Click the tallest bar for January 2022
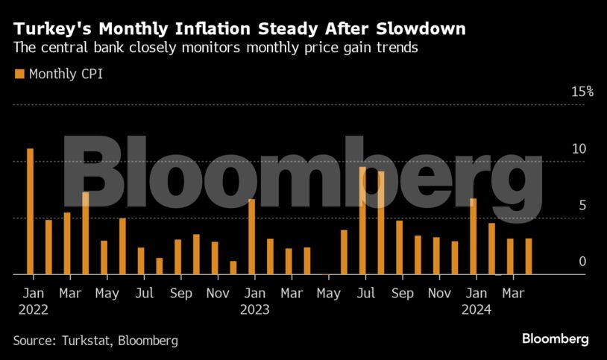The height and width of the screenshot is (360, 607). pyautogui.click(x=30, y=212)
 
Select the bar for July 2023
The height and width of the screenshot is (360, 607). pyautogui.click(x=362, y=221)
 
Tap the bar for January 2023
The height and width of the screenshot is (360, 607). pyautogui.click(x=252, y=237)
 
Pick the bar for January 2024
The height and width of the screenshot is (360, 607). pyautogui.click(x=474, y=236)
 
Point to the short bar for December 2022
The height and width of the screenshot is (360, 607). pyautogui.click(x=233, y=268)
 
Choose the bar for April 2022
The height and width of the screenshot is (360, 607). pyautogui.click(x=86, y=233)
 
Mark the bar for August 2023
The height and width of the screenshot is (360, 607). pyautogui.click(x=381, y=223)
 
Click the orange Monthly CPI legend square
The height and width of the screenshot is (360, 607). pyautogui.click(x=19, y=74)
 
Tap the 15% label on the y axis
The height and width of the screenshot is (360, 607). pyautogui.click(x=582, y=92)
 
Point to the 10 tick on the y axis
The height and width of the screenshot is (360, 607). pyautogui.click(x=579, y=148)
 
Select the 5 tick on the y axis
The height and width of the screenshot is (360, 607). pyautogui.click(x=582, y=205)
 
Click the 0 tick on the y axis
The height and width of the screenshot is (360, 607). pyautogui.click(x=582, y=262)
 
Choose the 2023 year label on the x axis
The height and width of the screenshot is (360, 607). pyautogui.click(x=254, y=309)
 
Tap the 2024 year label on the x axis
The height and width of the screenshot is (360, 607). pyautogui.click(x=476, y=309)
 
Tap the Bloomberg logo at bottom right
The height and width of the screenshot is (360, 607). pyautogui.click(x=555, y=339)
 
